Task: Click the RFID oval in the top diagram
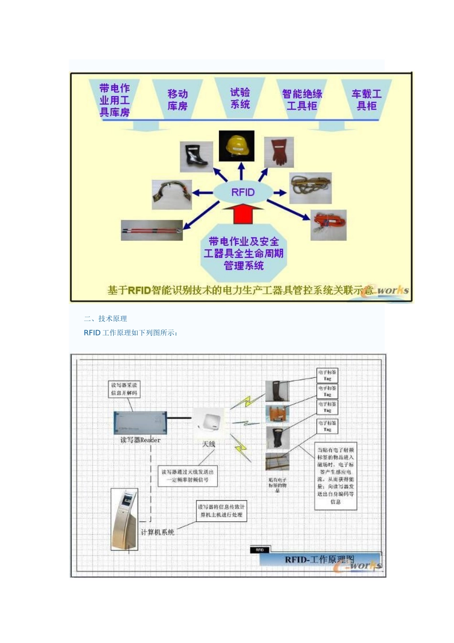click(243, 192)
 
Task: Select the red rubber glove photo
click(279, 152)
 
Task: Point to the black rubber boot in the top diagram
click(196, 156)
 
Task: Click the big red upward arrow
click(243, 213)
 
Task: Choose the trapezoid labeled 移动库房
click(177, 100)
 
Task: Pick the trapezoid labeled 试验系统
click(240, 98)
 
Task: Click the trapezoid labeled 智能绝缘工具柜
click(302, 100)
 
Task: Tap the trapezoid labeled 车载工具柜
click(367, 100)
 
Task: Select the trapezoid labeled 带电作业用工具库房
click(114, 100)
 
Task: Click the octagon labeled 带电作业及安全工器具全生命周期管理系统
click(243, 254)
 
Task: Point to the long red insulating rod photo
click(152, 230)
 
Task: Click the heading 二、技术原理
click(105, 319)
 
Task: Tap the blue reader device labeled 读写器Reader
click(140, 423)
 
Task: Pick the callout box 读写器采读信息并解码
click(124, 389)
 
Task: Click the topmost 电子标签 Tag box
click(327, 375)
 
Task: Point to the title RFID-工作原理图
click(319, 559)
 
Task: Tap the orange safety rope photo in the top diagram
click(328, 225)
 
